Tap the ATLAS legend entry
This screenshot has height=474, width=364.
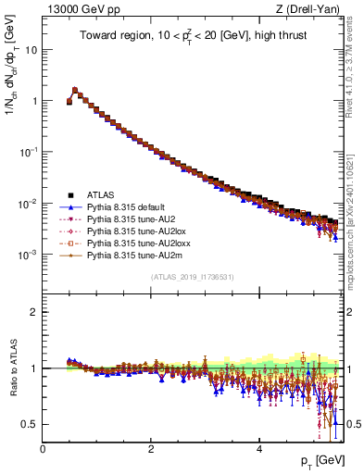click(101, 194)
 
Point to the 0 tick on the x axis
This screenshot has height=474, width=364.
click(43, 449)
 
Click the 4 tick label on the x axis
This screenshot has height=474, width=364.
click(259, 449)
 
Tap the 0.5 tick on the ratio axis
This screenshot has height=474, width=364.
click(31, 424)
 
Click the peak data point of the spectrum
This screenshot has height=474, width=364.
click(75, 91)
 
